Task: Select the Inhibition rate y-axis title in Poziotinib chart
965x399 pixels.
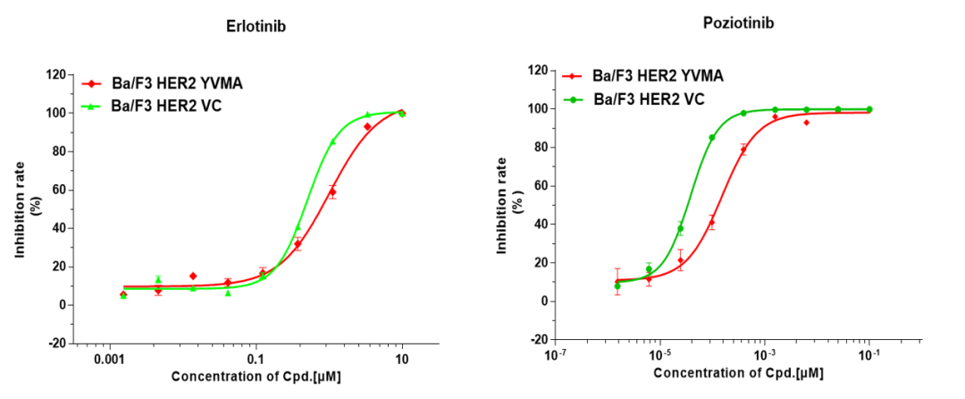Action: pyautogui.click(x=508, y=204)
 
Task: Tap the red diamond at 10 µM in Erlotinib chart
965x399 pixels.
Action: pyautogui.click(x=402, y=113)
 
